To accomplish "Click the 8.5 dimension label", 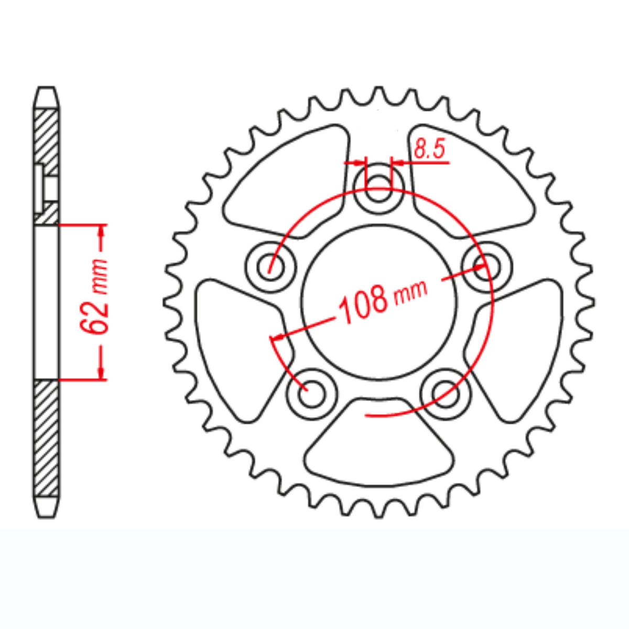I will [429, 149].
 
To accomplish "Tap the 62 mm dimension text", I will [95, 296].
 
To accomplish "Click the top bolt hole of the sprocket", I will [378, 188].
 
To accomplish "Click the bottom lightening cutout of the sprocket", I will [378, 446].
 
